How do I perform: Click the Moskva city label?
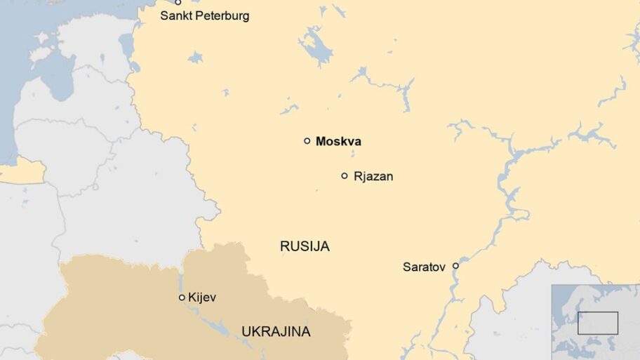click(338, 142)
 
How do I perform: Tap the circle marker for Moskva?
click(307, 141)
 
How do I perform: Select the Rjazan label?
click(373, 176)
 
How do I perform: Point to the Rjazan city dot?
click(345, 176)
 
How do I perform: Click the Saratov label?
click(424, 267)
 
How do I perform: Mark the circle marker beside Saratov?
click(455, 266)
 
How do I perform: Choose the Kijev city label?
click(202, 298)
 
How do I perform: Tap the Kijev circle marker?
click(182, 298)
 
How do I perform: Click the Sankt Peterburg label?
click(204, 15)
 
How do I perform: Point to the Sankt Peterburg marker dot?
click(178, 2)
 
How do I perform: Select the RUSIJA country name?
click(305, 246)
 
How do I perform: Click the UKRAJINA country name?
click(276, 331)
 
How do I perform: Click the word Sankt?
click(175, 15)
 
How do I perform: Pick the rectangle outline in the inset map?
click(598, 323)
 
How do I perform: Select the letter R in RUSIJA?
click(284, 246)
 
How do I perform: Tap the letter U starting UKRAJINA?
click(246, 331)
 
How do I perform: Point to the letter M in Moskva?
click(321, 142)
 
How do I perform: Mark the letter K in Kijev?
click(192, 298)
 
